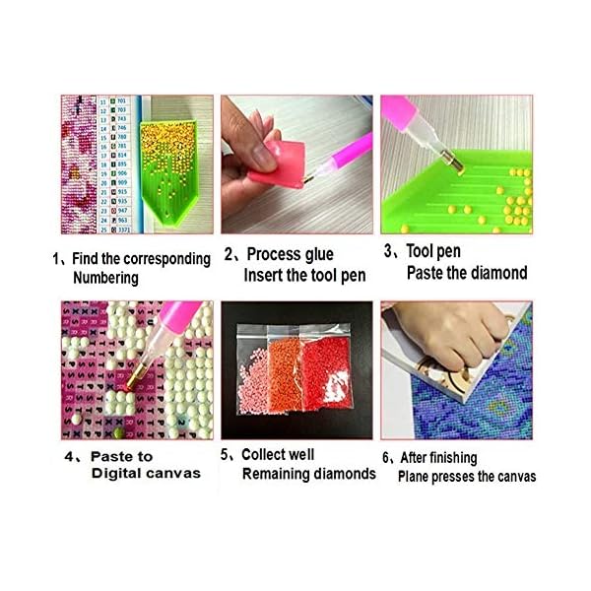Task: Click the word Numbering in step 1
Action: click(105, 278)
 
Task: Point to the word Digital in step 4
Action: click(93, 474)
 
